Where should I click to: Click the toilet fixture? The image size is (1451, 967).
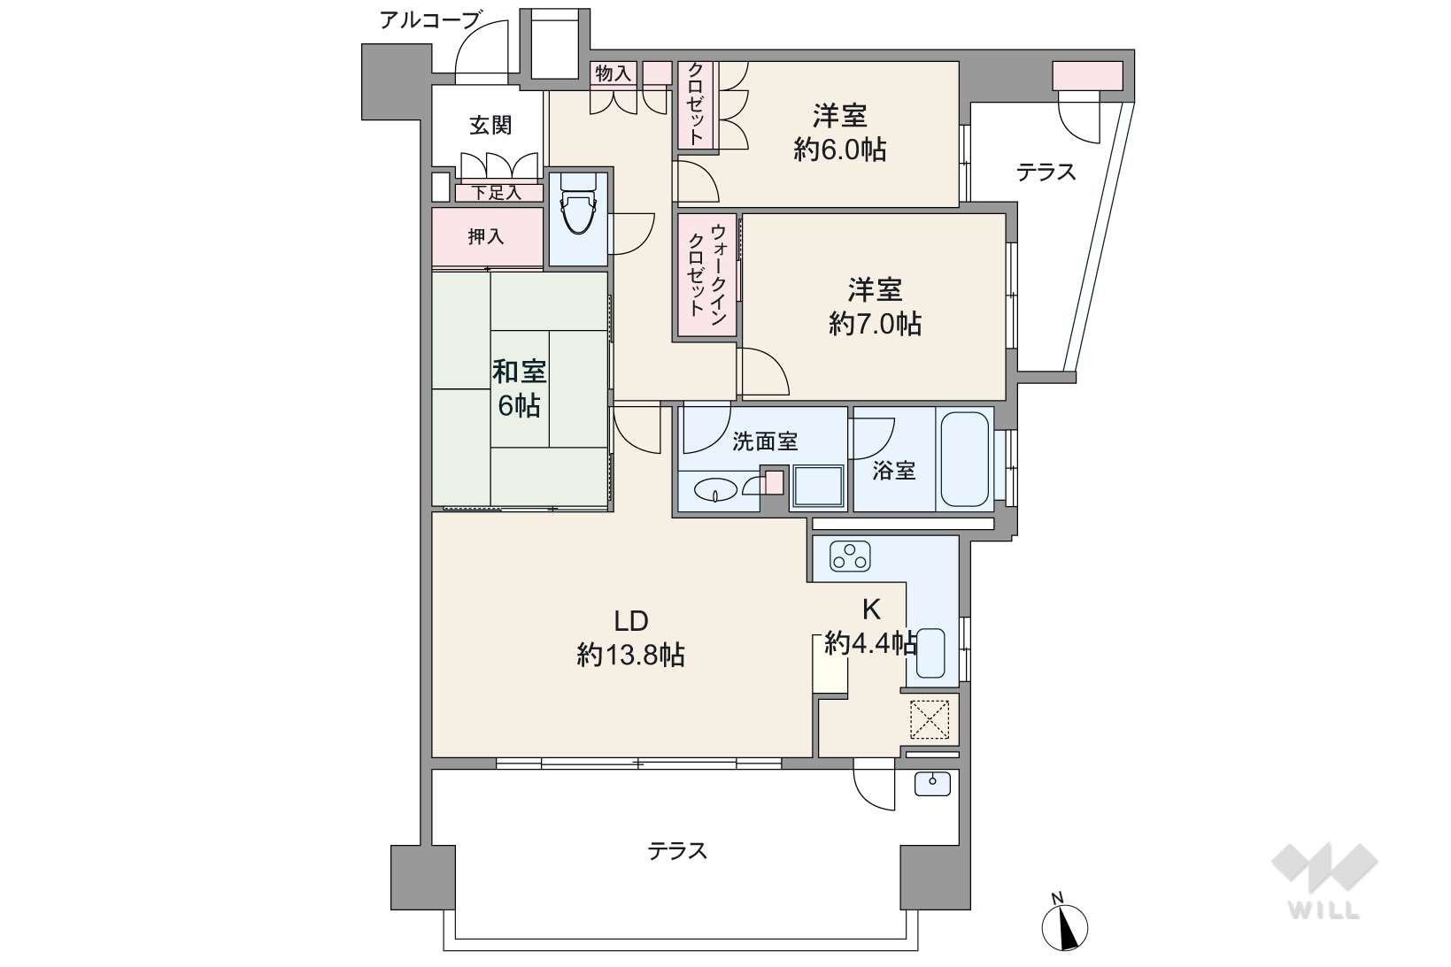tap(578, 203)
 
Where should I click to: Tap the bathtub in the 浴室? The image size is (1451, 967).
tap(964, 459)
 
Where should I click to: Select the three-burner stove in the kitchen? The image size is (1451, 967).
tap(850, 556)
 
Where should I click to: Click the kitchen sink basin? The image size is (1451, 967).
tap(930, 652)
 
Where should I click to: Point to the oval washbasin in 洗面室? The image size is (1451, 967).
tap(715, 491)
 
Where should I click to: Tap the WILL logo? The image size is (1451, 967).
tap(1324, 880)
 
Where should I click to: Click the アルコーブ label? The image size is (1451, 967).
tap(430, 20)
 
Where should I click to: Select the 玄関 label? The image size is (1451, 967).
tap(490, 125)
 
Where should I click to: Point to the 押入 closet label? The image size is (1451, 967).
tap(486, 237)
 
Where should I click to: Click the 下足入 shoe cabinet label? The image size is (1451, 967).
tap(496, 193)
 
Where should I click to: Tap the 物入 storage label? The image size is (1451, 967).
tap(613, 73)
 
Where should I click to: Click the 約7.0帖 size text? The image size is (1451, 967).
tap(876, 324)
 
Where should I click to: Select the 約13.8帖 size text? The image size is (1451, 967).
tap(631, 656)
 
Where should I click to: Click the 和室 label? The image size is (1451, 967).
tap(520, 372)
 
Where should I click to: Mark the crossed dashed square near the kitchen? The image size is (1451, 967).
tap(930, 719)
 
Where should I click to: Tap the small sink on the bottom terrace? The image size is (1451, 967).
tap(933, 783)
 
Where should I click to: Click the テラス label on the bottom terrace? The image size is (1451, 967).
tap(677, 851)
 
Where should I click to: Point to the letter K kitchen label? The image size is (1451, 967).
tap(871, 610)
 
